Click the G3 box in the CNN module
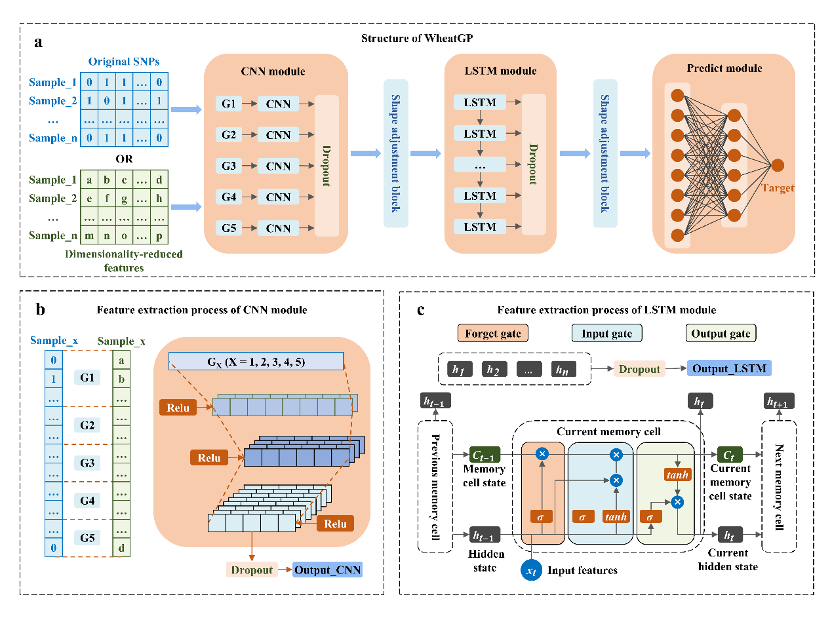tap(229, 166)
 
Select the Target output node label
tap(778, 188)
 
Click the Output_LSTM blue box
tap(729, 369)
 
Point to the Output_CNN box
tap(328, 570)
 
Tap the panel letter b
tap(41, 310)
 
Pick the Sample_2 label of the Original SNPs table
tap(53, 101)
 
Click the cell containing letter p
tap(159, 235)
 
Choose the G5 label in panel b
tap(87, 538)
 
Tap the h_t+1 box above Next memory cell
tap(778, 402)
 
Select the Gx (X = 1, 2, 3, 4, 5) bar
tap(256, 361)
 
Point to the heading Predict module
tap(724, 69)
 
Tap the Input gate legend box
tap(606, 334)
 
